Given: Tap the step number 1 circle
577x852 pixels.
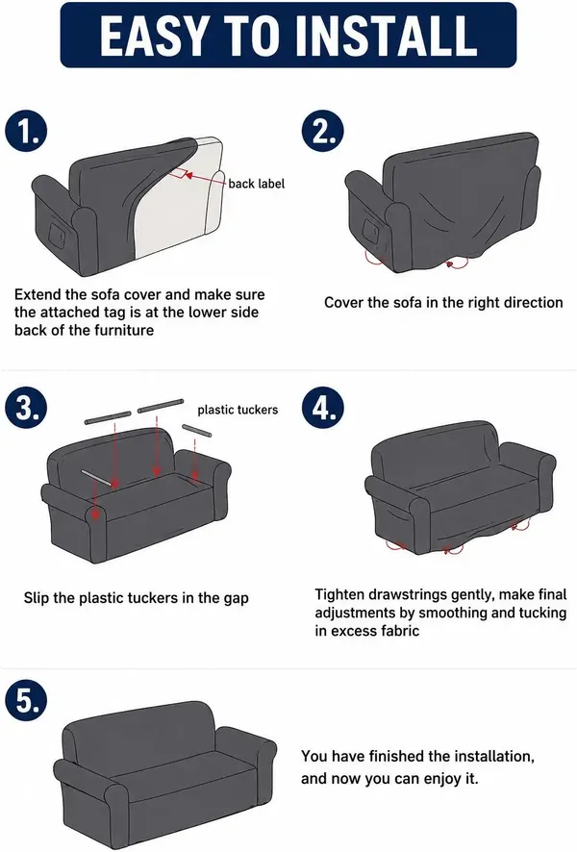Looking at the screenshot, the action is (27, 132).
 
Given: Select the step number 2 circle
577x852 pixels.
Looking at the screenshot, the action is (323, 132).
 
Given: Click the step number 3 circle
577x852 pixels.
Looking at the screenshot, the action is (27, 408).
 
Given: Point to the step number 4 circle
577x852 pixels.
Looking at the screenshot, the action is (323, 408).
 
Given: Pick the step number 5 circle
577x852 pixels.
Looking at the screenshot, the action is (27, 701).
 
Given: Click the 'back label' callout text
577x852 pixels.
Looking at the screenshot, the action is (257, 184).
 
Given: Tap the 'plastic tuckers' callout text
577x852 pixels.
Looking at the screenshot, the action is (238, 410).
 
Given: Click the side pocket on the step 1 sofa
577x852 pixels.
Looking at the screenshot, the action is (57, 233).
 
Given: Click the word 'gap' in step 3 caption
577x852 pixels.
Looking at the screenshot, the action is (236, 599).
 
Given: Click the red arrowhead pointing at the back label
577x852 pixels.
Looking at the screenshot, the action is (188, 174).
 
